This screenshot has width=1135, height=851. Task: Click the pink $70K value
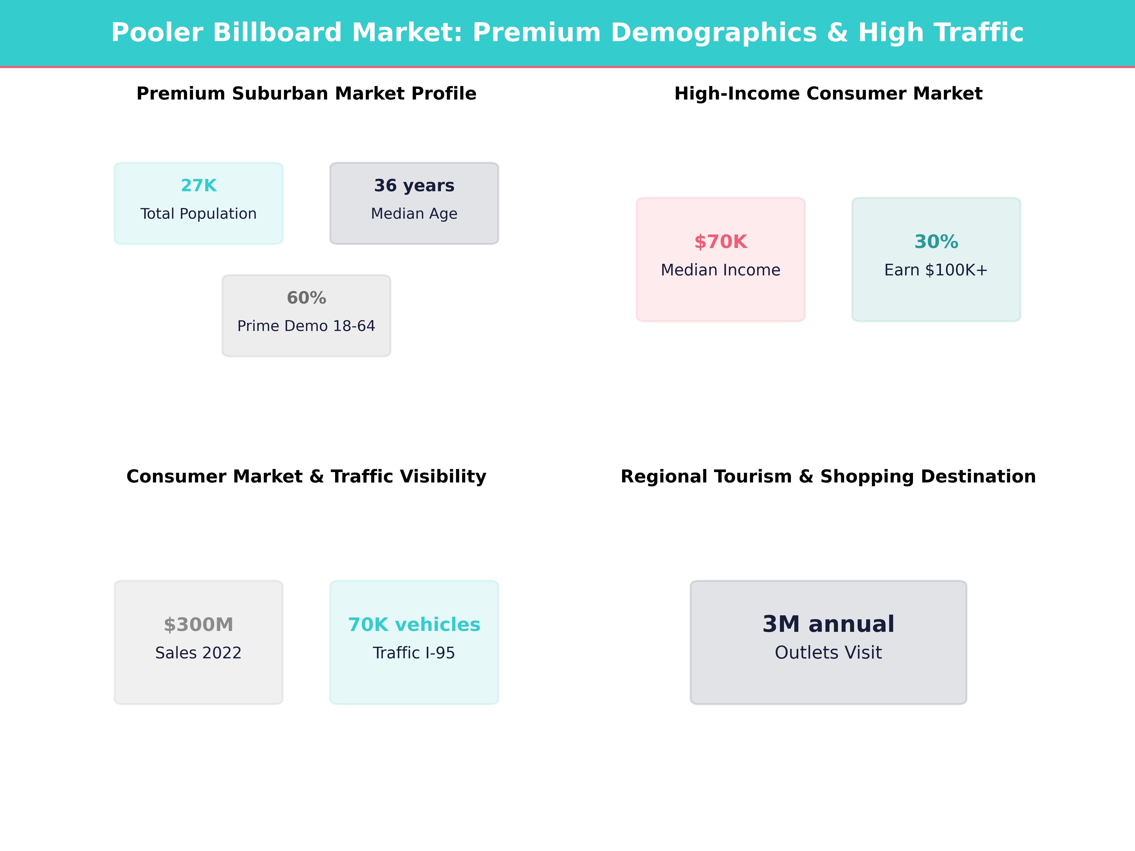point(720,242)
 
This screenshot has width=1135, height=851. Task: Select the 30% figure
point(936,242)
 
